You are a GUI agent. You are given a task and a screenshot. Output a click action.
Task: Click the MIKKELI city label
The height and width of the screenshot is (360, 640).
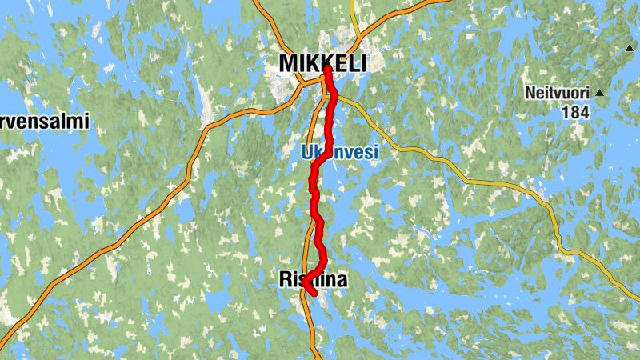click(x=322, y=63)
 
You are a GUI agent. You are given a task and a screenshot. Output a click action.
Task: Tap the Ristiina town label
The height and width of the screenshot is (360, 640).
click(x=314, y=279)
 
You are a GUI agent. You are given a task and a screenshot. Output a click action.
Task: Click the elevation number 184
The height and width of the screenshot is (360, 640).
click(x=574, y=113)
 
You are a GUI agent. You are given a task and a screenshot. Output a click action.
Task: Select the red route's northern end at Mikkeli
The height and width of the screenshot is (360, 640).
click(x=327, y=70)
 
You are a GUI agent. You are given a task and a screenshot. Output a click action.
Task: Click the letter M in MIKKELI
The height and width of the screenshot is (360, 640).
click(x=288, y=63)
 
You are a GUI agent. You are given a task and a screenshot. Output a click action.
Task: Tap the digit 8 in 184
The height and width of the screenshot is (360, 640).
click(x=574, y=113)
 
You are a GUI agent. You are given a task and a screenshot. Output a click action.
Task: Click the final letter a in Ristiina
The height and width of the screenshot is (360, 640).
click(x=342, y=280)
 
